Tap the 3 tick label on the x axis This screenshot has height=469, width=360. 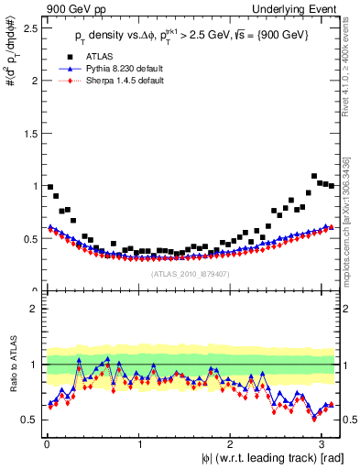(322, 444)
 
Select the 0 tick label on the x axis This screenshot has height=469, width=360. (46, 444)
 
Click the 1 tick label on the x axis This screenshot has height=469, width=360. (138, 444)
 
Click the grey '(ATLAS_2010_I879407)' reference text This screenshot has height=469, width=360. (191, 273)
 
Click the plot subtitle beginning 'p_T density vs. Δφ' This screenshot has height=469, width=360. (192, 36)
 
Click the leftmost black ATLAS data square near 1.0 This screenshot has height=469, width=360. (50, 186)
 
